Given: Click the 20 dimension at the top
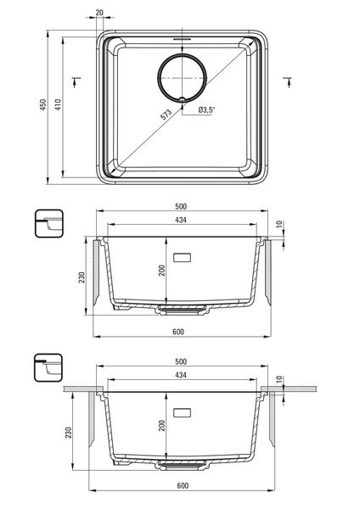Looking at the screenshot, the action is (x=99, y=13).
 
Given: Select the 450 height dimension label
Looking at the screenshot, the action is (x=43, y=104).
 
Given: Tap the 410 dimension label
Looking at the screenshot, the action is (x=58, y=104).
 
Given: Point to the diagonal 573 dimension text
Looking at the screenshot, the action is (x=166, y=115).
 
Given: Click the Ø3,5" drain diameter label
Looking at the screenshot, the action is (x=206, y=109).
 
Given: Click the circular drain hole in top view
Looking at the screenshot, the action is (x=182, y=54).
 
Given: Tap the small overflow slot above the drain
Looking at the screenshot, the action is (x=182, y=39).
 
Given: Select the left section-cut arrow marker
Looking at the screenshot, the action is (x=76, y=81).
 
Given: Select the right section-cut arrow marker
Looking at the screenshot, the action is (x=288, y=81).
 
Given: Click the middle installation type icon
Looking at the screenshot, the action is (x=49, y=224).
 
